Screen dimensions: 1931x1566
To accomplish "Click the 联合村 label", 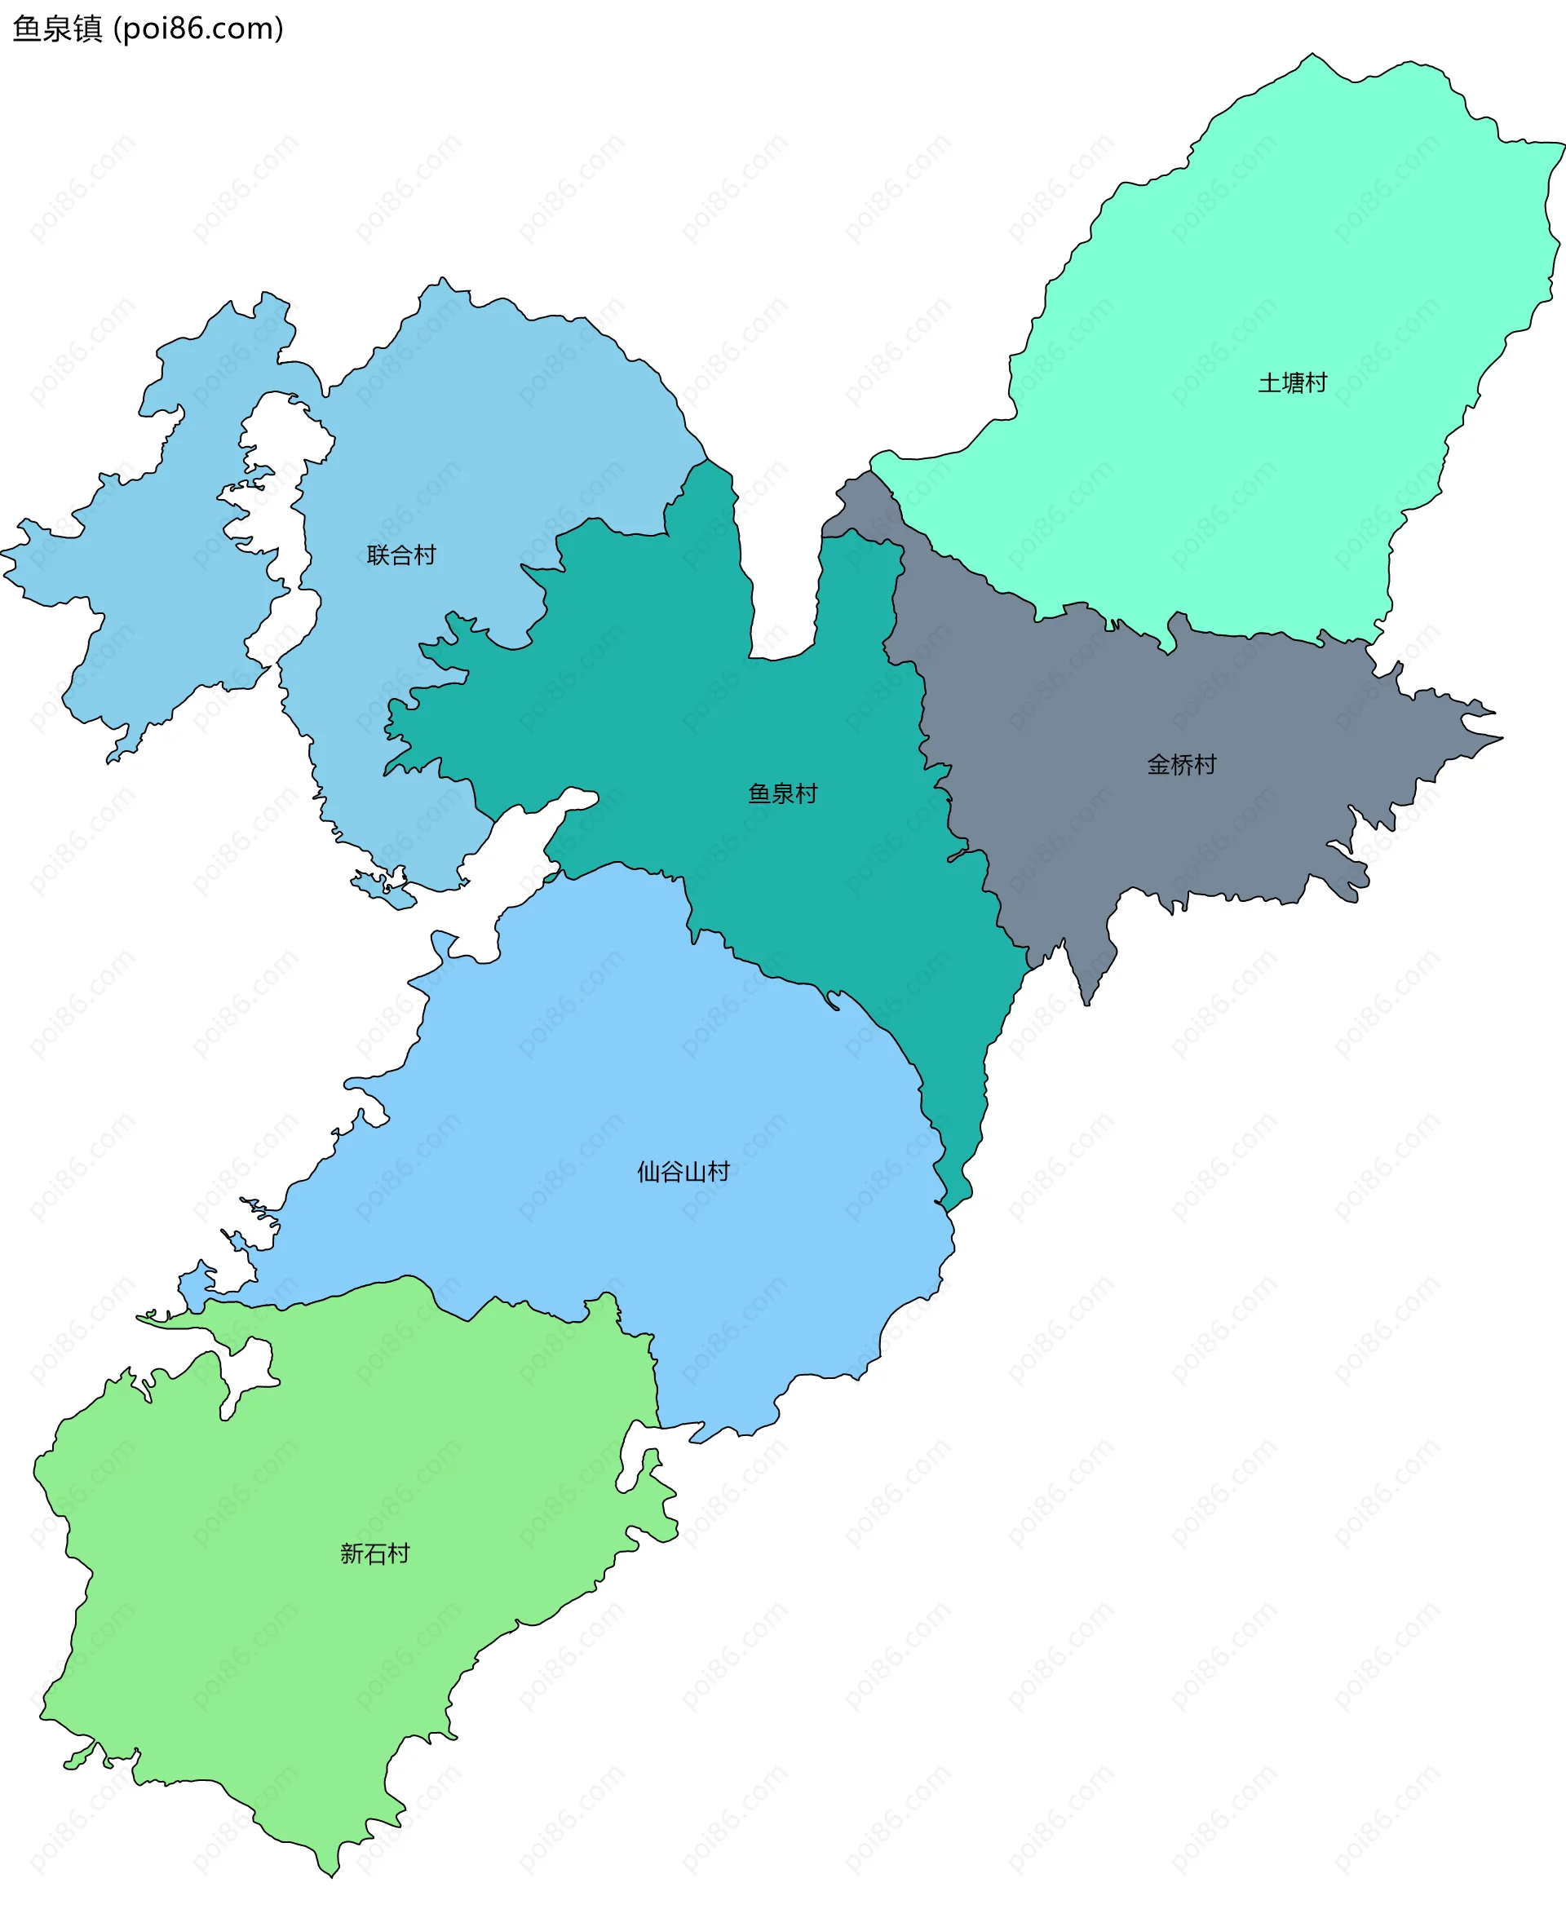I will pyautogui.click(x=401, y=555).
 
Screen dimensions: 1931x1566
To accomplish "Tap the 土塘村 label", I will pyautogui.click(x=1293, y=383).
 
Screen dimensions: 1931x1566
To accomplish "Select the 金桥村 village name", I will pyautogui.click(x=1182, y=765).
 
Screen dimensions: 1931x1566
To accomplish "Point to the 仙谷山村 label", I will pyautogui.click(x=683, y=1173).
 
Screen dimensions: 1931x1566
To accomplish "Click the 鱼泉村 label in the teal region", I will pyautogui.click(x=783, y=793).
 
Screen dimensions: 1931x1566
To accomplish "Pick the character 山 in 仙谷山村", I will pyautogui.click(x=695, y=1173).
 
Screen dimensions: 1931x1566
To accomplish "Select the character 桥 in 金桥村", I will pyautogui.click(x=1182, y=765).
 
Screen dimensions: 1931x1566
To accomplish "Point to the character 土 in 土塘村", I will pyautogui.click(x=1269, y=383).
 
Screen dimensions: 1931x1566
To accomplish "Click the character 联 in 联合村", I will pyautogui.click(x=378, y=555).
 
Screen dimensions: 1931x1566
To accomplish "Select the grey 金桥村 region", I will pyautogui.click(x=1127, y=722).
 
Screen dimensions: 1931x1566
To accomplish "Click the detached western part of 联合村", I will pyautogui.click(x=153, y=559).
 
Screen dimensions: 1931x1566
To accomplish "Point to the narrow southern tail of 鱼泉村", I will pyautogui.click(x=965, y=1137).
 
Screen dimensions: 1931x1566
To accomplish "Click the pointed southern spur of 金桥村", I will pyautogui.click(x=1088, y=974).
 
